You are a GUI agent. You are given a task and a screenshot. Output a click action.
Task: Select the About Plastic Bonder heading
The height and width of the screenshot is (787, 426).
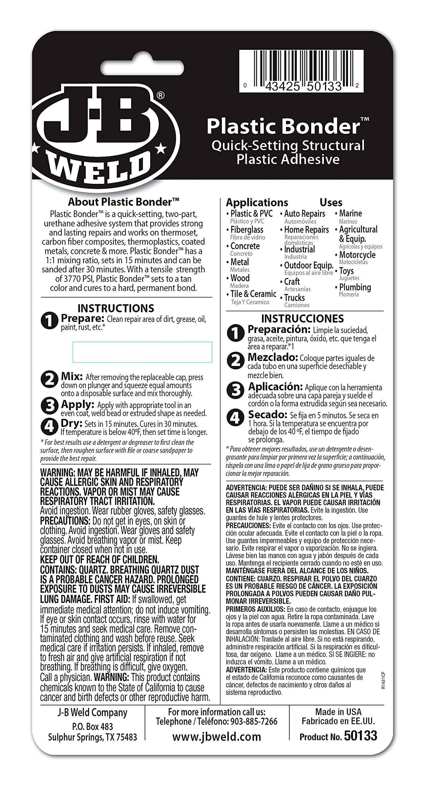click(123, 202)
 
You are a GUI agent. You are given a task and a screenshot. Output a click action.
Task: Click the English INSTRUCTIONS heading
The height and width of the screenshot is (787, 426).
click(115, 308)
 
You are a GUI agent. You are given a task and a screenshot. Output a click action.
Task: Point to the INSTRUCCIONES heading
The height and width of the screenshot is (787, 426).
click(302, 318)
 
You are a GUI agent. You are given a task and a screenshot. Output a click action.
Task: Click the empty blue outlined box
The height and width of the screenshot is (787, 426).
click(142, 352)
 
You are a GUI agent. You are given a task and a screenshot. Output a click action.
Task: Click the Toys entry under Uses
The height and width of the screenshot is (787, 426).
click(346, 271)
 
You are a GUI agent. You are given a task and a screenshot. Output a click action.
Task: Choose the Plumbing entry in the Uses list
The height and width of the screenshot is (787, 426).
click(355, 287)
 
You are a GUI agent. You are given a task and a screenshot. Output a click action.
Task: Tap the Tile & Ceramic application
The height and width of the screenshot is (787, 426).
click(253, 294)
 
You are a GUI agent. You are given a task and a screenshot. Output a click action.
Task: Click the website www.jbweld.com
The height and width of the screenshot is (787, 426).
click(217, 737)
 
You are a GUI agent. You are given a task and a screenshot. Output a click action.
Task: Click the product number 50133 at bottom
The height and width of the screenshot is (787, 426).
click(360, 736)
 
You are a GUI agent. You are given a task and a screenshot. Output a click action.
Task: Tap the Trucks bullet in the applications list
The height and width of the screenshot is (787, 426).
click(294, 298)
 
